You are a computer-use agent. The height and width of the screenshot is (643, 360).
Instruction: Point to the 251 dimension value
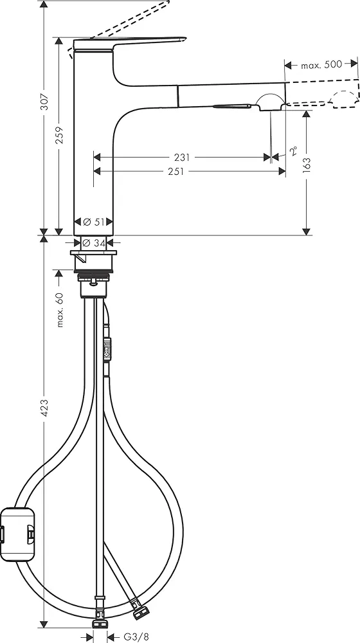176,171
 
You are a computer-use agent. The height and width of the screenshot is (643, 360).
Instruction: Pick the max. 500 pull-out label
321,65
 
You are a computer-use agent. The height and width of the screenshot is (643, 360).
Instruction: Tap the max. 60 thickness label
60,309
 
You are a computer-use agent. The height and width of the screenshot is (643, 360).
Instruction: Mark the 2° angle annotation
293,151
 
